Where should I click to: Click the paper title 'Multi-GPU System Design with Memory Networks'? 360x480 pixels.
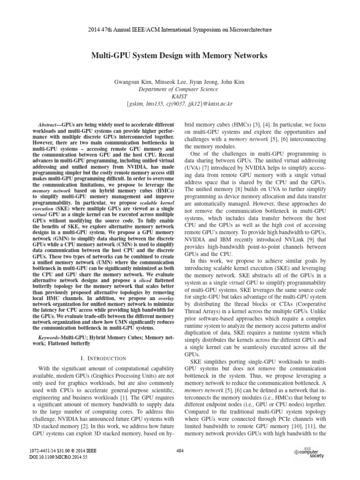click(180, 56)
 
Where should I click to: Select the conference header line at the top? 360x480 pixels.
click(180, 30)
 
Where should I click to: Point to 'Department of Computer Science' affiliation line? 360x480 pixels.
click(180, 89)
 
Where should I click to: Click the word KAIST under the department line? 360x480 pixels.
click(180, 97)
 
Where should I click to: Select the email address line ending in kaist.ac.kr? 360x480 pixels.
click(180, 104)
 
